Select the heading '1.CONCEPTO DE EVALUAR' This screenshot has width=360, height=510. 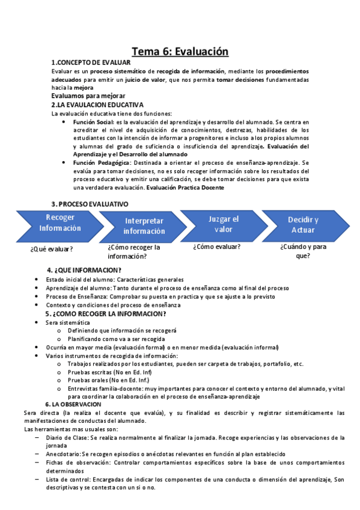91,63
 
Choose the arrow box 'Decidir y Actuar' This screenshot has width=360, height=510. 304,224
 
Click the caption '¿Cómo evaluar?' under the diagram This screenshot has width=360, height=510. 217,247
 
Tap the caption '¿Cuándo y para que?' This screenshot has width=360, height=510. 303,251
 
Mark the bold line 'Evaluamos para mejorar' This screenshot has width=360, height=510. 88,96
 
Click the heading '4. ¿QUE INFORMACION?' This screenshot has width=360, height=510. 84,269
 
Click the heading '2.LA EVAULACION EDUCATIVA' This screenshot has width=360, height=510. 97,105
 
